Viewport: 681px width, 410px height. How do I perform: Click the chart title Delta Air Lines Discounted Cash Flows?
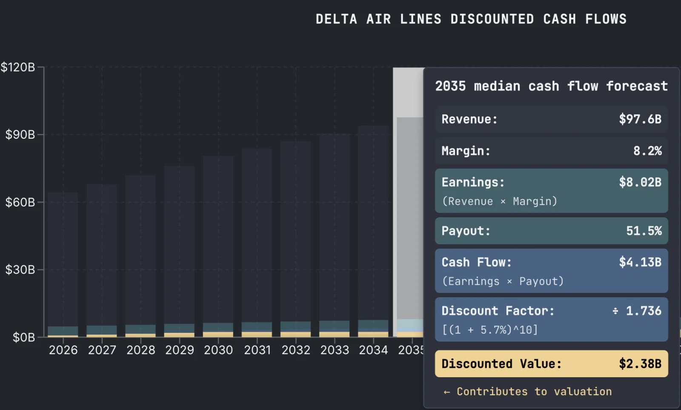(471, 19)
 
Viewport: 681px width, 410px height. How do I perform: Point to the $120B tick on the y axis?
(18, 67)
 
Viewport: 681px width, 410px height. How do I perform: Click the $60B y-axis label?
(20, 202)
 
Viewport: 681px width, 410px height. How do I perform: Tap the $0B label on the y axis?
(24, 338)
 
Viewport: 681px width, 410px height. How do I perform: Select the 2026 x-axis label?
(63, 350)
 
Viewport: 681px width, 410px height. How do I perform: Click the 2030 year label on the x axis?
(218, 350)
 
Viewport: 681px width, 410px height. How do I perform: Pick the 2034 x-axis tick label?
(373, 350)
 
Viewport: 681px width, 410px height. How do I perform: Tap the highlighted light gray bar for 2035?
(409, 213)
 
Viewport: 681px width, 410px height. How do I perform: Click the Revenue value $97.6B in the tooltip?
(640, 119)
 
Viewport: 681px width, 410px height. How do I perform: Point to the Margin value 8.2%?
(647, 151)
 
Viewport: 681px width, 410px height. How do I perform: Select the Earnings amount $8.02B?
(640, 183)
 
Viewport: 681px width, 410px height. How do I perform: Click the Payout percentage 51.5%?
(644, 231)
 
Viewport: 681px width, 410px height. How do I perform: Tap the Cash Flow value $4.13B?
(640, 262)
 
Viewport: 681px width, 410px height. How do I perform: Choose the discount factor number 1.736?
(643, 311)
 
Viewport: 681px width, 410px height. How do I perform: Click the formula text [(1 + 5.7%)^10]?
(490, 330)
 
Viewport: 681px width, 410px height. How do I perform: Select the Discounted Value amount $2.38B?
(640, 364)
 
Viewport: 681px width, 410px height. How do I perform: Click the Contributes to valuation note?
(528, 392)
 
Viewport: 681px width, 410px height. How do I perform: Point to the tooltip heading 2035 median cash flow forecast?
(551, 86)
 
